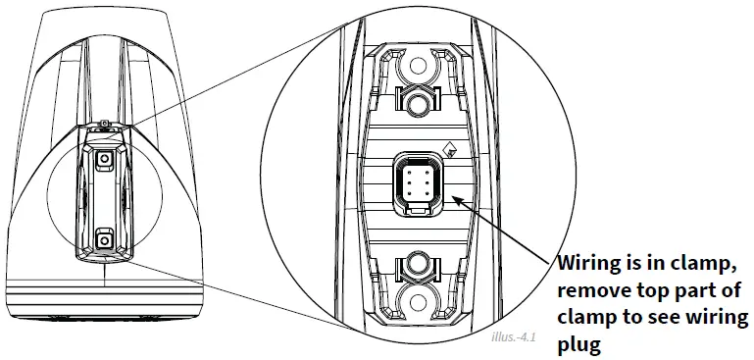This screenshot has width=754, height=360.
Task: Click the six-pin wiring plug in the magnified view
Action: [414, 183]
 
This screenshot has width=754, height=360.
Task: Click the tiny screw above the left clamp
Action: [103, 123]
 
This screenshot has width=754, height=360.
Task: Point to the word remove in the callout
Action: [592, 291]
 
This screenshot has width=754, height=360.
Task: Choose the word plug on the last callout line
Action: [578, 346]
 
